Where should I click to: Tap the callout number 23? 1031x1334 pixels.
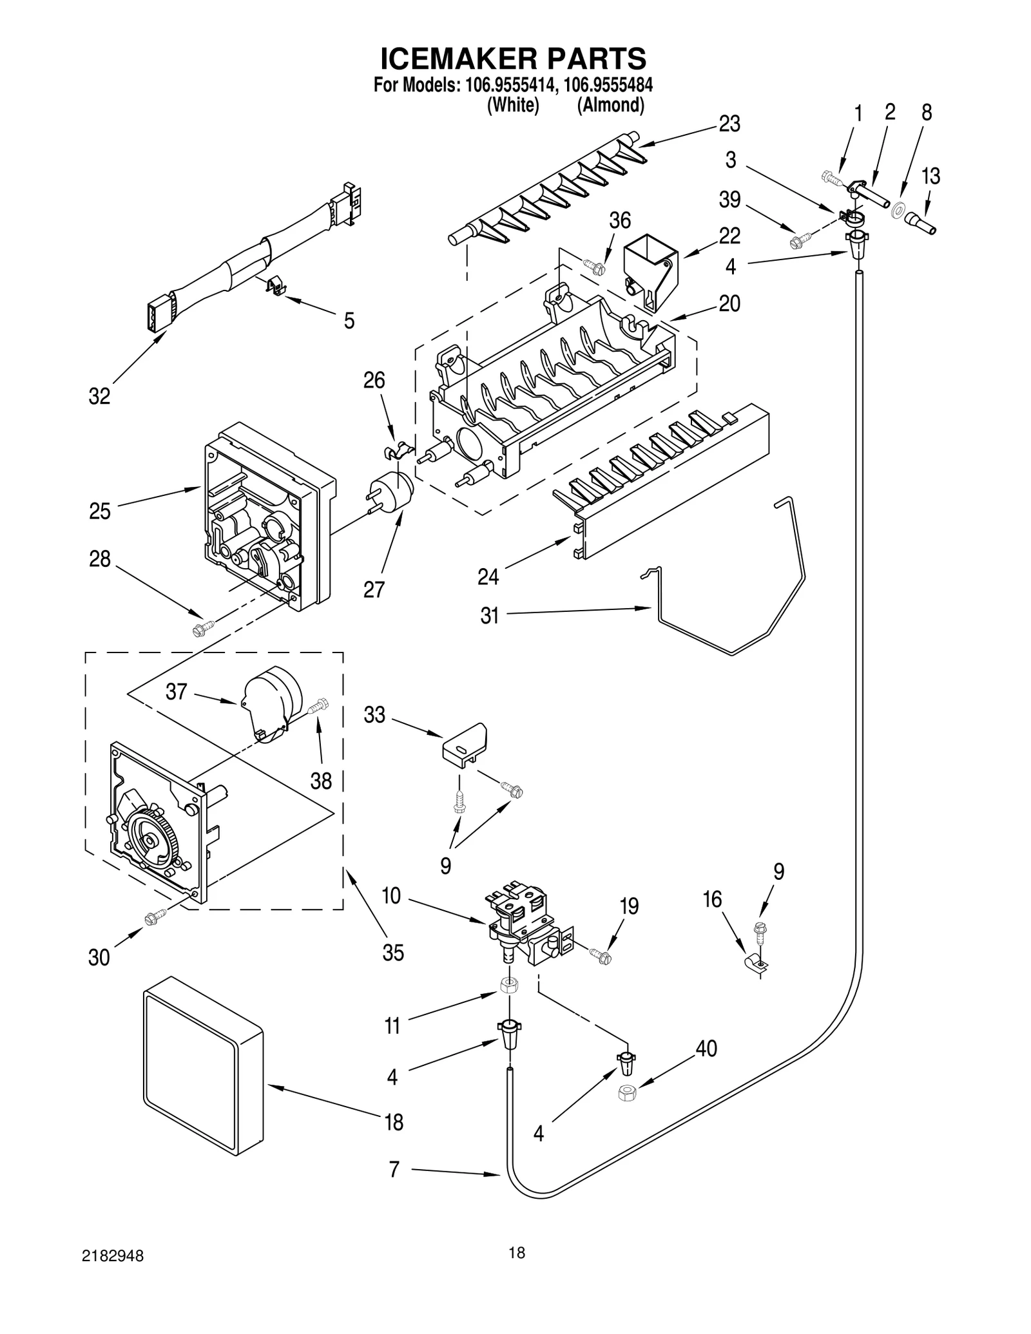[729, 124]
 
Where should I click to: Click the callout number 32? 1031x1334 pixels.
[99, 396]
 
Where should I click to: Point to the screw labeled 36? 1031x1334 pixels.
[593, 266]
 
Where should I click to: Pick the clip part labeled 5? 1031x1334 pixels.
[276, 285]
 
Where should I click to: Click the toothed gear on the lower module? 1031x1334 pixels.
[151, 841]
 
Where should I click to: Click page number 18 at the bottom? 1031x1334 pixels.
[516, 1252]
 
